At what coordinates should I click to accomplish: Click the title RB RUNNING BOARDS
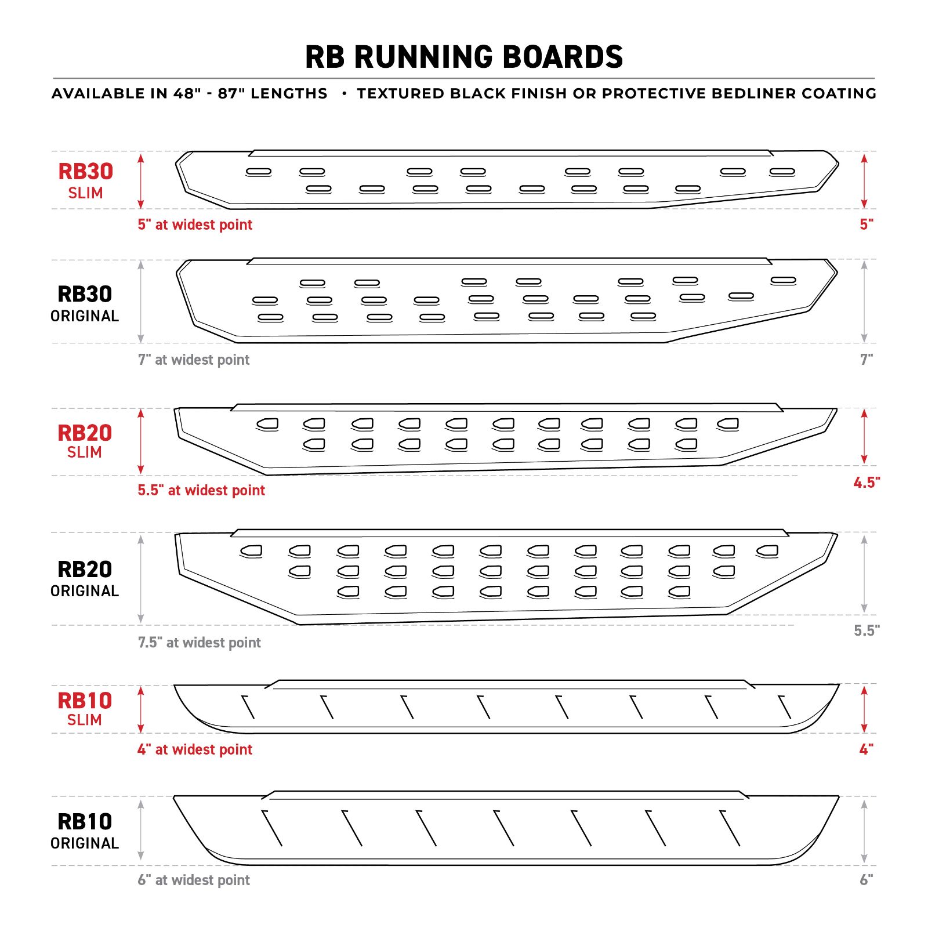464,57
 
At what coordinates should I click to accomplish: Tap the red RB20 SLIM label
85,441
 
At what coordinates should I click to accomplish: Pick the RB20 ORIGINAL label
85,579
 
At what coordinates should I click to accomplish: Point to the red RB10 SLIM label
85,709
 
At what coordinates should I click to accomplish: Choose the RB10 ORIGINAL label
85,831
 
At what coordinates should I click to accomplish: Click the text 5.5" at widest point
201,491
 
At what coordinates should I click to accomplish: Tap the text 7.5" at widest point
200,643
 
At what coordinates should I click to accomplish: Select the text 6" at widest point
194,880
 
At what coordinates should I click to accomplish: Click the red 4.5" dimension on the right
867,483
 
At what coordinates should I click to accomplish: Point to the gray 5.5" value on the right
867,630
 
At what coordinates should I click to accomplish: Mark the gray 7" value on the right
867,360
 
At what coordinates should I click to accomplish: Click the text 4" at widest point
195,749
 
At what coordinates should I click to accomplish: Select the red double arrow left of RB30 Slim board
140,180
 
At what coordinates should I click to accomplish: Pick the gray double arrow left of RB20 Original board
140,579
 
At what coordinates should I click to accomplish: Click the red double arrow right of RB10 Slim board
864,709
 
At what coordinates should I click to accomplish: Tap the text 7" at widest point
194,360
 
